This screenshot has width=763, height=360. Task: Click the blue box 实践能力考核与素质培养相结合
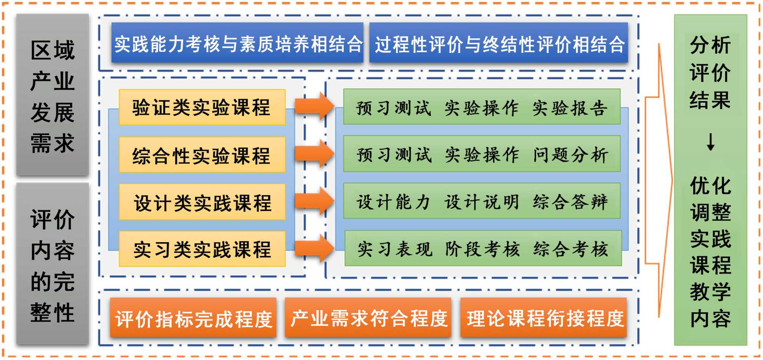[237, 43]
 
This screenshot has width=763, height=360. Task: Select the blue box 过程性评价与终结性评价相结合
[499, 43]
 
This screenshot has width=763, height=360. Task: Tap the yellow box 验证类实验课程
[202, 107]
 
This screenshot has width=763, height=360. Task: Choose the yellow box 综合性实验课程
[202, 155]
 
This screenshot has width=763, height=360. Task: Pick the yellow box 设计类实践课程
[202, 202]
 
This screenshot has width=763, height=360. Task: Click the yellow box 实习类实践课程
[202, 249]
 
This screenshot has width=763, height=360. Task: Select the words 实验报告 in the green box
[570, 108]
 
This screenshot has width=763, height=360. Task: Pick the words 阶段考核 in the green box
[483, 249]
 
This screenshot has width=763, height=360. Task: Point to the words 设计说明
[482, 202]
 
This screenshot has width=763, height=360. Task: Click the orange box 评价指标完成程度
[193, 318]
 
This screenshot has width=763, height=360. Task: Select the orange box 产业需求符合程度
[369, 318]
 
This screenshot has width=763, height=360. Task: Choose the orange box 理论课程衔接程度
[544, 318]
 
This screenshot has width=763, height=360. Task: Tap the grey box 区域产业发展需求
[53, 95]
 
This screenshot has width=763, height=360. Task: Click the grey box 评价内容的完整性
[53, 264]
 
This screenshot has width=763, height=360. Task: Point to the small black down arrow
[710, 142]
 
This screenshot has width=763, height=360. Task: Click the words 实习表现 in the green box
[395, 249]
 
